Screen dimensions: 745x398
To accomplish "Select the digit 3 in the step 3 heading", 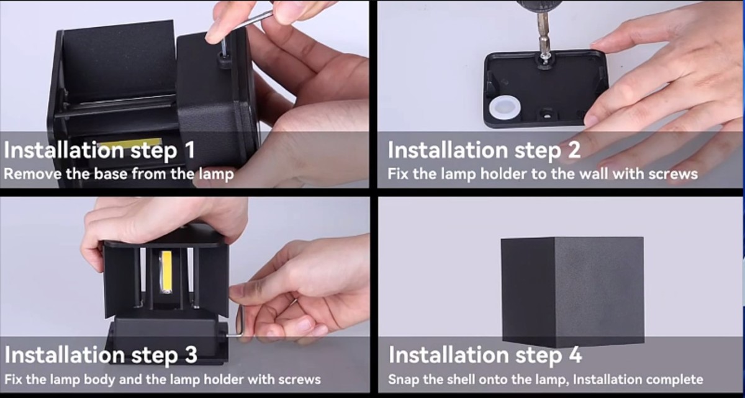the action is click(191, 354).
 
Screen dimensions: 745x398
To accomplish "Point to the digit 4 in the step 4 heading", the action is click(575, 354).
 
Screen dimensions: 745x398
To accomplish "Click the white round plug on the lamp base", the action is click(505, 109).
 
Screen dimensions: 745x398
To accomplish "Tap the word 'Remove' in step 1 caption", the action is click(32, 174).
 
